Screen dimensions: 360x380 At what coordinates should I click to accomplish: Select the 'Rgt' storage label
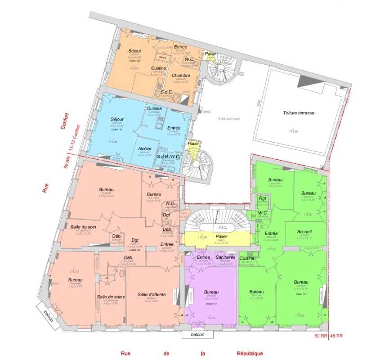point(263,198)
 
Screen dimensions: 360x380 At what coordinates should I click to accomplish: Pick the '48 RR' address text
point(337,336)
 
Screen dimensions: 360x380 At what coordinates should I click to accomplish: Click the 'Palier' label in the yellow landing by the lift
point(221,237)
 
